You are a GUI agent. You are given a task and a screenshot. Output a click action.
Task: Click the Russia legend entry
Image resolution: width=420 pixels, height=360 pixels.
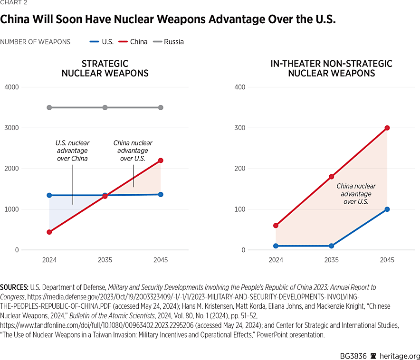click(x=173, y=42)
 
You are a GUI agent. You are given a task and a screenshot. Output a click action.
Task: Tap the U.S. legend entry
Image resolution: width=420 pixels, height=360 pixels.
click(x=107, y=42)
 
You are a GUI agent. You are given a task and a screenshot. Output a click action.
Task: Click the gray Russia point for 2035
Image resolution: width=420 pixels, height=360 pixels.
click(x=105, y=108)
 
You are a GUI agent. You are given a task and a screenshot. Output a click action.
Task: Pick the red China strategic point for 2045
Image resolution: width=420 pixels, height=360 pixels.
click(x=161, y=161)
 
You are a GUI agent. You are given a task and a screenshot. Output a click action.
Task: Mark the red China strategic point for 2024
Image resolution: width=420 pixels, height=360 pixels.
click(x=49, y=232)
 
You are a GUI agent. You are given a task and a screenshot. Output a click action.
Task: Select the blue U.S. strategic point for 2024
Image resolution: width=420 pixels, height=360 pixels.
click(x=49, y=195)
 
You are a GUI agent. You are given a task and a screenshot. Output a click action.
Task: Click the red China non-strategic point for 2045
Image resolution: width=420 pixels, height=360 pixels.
click(x=387, y=128)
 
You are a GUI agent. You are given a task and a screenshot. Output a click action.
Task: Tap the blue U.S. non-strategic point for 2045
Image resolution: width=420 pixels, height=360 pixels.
click(x=387, y=209)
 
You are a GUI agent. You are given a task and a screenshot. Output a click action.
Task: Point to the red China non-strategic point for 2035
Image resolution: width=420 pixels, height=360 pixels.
click(x=331, y=177)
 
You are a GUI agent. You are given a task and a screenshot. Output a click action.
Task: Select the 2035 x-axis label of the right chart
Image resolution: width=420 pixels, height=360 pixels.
click(x=331, y=260)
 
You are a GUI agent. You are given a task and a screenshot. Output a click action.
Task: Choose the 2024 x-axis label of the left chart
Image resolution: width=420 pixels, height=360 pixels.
click(x=49, y=260)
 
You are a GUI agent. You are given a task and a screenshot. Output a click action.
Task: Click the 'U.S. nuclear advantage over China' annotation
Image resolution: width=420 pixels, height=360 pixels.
click(x=72, y=151)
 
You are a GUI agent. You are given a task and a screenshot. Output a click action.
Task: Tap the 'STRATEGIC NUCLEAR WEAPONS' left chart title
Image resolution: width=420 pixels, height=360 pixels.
click(x=105, y=68)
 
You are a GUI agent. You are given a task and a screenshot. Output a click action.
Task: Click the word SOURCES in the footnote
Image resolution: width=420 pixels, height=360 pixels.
click(x=14, y=287)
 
